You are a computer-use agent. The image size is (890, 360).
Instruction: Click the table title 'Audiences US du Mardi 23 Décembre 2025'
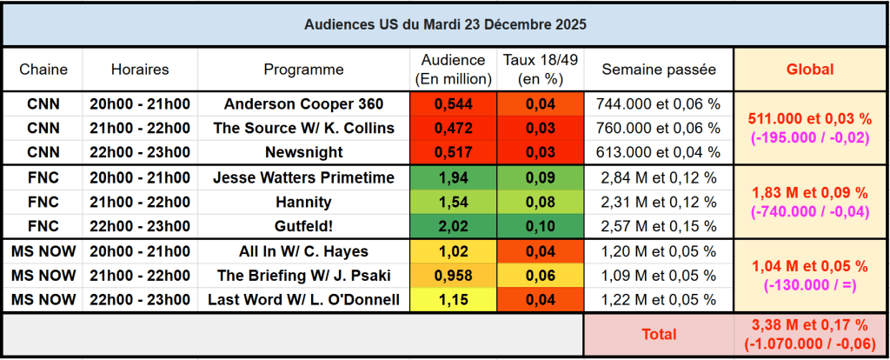(x=444, y=24)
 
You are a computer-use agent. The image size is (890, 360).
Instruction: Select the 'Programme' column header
(x=303, y=70)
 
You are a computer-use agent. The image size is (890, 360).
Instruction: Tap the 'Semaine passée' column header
(x=658, y=70)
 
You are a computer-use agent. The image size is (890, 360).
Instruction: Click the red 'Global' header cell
(x=809, y=70)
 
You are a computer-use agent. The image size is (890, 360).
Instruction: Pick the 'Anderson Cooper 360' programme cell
(x=303, y=104)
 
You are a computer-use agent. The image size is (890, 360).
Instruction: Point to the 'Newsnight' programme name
(x=303, y=153)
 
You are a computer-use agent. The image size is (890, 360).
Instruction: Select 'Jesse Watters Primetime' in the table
(x=303, y=178)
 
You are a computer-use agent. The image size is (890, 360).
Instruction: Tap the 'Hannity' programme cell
(x=303, y=203)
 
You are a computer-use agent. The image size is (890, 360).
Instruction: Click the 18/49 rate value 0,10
(x=540, y=227)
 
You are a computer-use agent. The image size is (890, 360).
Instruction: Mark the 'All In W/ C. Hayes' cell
(x=303, y=252)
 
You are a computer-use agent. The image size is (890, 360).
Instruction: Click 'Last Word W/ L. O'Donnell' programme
(x=303, y=301)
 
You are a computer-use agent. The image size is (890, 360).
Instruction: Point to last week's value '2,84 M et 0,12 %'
(x=658, y=178)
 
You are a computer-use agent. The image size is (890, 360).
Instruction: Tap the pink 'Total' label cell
(x=658, y=334)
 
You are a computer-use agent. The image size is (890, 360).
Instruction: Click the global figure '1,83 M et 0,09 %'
(x=809, y=192)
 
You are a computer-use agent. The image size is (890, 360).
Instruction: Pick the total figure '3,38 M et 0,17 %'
(x=809, y=325)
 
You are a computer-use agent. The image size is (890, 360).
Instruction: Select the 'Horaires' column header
(x=140, y=70)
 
